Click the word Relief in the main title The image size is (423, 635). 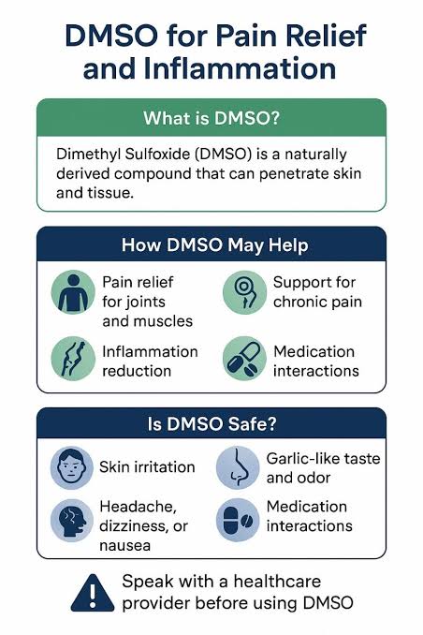point(327,36)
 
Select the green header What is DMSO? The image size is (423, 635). point(211,118)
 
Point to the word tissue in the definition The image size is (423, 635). point(112,193)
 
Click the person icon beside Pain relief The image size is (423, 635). point(73,292)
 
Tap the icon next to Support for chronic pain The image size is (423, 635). point(244,292)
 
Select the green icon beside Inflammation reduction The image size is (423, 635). point(73,359)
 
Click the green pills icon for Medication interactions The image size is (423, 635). point(244,359)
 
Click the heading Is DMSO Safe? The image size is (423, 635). point(211,423)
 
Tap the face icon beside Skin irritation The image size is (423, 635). point(72,467)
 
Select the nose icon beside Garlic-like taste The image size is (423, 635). point(238,467)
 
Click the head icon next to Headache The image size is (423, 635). point(72,521)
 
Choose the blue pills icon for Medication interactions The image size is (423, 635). point(238,521)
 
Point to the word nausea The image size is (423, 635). point(125,546)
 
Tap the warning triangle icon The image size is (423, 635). point(93,593)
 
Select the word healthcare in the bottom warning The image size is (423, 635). point(277,581)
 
